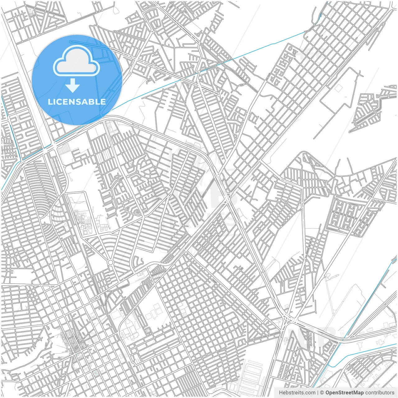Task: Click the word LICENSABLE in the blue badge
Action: [76, 102]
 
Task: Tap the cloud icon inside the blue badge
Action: [76, 61]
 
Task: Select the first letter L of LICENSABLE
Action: [50, 102]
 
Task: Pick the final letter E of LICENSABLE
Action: [103, 102]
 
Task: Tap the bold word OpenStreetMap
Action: [344, 393]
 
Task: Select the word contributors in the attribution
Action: [379, 393]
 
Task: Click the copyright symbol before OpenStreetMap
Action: [322, 393]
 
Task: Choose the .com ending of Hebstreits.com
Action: [310, 393]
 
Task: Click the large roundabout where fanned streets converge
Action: [110, 263]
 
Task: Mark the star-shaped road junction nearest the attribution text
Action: [289, 319]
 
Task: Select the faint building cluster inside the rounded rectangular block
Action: [84, 222]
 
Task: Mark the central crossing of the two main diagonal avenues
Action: [229, 199]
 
